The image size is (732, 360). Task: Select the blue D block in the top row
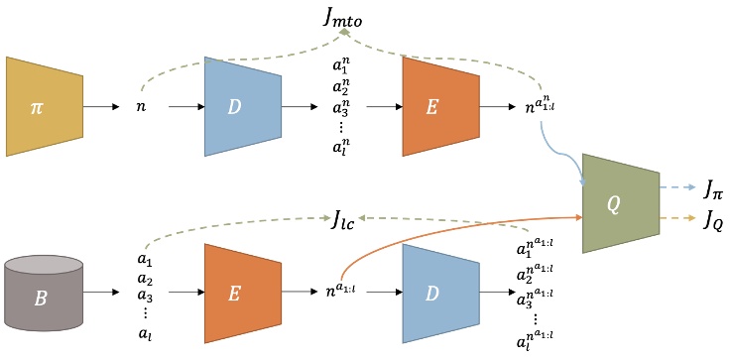coord(235,106)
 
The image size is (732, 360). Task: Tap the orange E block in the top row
coord(433,106)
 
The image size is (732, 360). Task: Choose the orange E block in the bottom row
coord(235,294)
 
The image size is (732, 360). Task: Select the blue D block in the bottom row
coord(433,294)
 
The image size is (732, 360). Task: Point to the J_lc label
coord(350,218)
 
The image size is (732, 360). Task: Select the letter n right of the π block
coord(140,107)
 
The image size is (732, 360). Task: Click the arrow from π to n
coord(102,106)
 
